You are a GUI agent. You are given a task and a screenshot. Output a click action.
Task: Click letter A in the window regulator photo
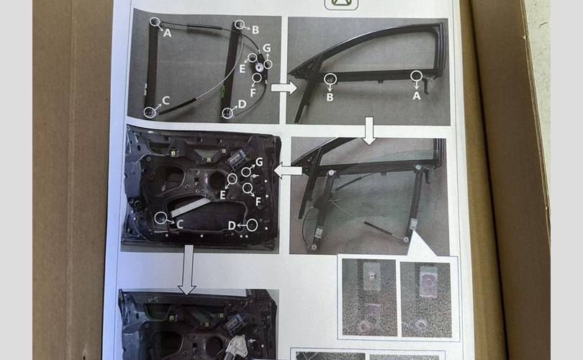(x=168, y=33)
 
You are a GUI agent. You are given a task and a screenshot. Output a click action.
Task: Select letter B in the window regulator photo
(x=256, y=30)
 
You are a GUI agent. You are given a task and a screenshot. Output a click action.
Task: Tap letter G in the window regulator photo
(x=266, y=48)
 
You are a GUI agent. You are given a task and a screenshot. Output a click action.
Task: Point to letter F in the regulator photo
(x=253, y=93)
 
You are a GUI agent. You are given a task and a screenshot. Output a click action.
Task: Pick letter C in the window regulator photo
(x=166, y=100)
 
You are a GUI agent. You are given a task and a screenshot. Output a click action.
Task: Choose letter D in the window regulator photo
(x=242, y=104)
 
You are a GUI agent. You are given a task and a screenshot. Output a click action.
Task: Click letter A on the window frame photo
(x=417, y=96)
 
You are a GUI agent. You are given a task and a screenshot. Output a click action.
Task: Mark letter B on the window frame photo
(x=330, y=97)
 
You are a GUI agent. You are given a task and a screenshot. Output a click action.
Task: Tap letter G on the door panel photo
(x=259, y=162)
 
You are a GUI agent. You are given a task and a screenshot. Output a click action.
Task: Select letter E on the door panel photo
(x=222, y=195)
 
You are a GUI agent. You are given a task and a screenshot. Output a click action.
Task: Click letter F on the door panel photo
(x=258, y=202)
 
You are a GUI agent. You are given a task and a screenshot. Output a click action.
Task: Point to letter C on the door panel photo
(x=180, y=224)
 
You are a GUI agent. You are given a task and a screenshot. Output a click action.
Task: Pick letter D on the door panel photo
(x=232, y=225)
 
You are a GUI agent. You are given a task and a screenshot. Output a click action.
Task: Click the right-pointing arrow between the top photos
(x=284, y=88)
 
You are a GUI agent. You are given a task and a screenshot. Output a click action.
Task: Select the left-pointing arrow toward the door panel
(x=288, y=171)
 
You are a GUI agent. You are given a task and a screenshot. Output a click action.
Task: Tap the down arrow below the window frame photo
(x=369, y=131)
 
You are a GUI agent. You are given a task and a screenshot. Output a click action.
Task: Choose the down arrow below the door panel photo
(x=187, y=270)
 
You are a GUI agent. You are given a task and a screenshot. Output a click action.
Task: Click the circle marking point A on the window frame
(x=416, y=76)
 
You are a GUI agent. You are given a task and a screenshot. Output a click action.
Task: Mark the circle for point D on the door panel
(x=252, y=225)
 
